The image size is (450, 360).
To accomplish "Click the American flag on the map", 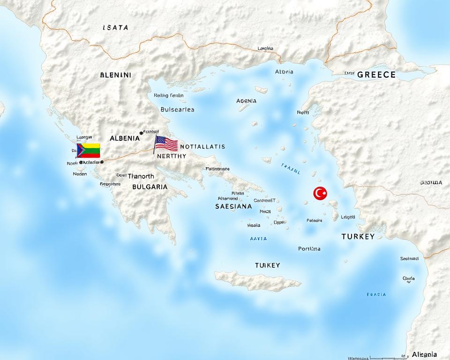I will click(x=166, y=143).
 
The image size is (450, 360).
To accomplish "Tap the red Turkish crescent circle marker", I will click(x=320, y=193).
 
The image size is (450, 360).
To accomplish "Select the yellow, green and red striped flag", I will click(x=89, y=150).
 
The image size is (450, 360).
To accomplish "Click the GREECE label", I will click(x=376, y=75).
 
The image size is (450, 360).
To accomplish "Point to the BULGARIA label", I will click(x=150, y=187).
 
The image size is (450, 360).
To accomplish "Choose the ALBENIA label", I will click(x=125, y=138).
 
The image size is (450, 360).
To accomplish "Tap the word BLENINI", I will click(x=116, y=75).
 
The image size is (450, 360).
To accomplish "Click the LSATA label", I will click(x=115, y=28).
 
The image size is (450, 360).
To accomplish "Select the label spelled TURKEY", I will click(x=358, y=237).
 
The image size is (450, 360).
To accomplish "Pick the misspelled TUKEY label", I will click(x=267, y=265).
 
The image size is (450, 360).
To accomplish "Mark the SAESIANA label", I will click(x=233, y=206).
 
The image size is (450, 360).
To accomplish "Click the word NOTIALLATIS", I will click(x=202, y=147).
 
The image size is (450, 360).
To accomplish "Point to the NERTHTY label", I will click(x=172, y=156).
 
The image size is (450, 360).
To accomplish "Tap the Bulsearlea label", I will click(x=177, y=110).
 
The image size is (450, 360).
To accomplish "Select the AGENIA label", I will click(x=247, y=101).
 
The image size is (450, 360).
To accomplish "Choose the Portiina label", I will click(x=309, y=249).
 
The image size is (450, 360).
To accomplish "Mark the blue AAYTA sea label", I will click(x=258, y=239).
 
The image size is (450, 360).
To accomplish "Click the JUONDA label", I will click(x=431, y=183).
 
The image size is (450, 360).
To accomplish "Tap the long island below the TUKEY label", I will click(x=257, y=281).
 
